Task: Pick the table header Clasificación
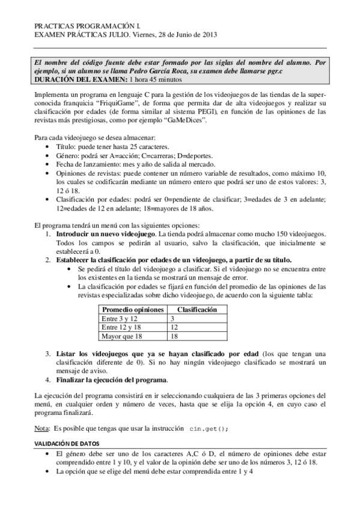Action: click(197, 310)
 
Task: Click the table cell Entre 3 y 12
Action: click(121, 318)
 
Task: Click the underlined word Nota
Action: click(41, 428)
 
